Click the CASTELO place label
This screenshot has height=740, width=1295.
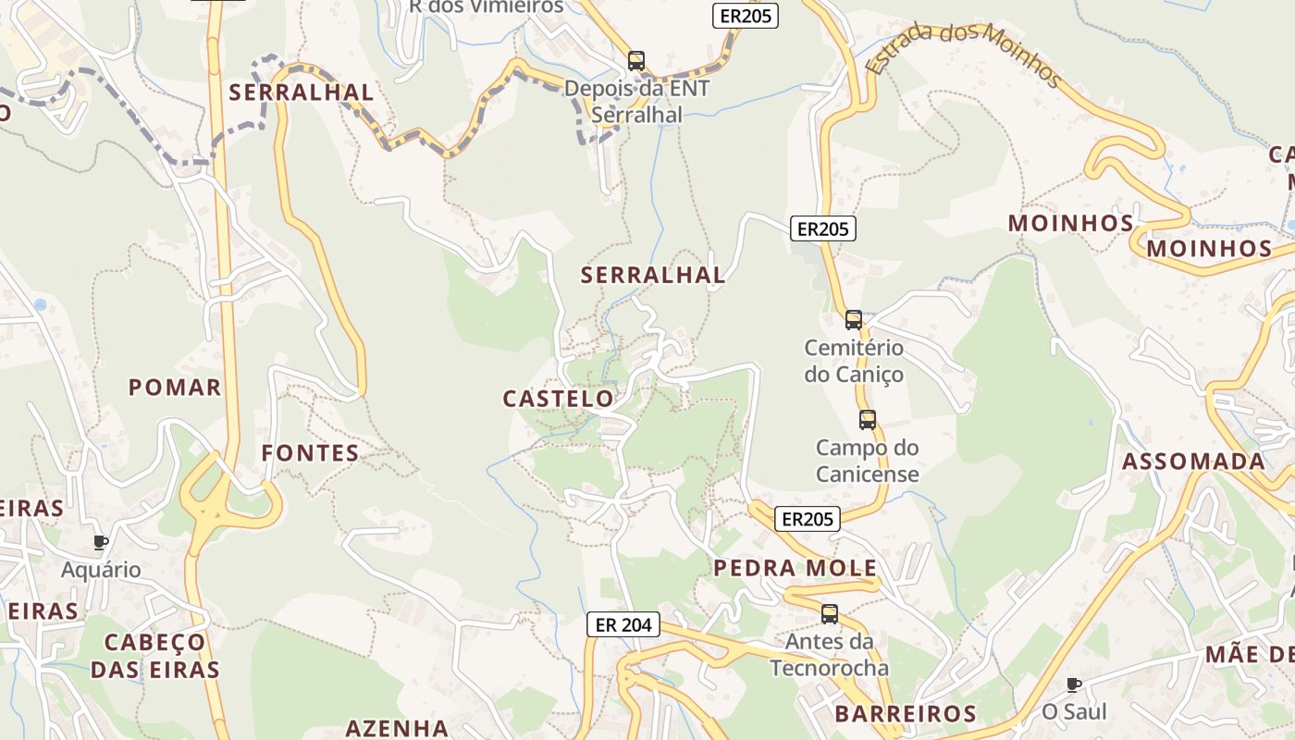558,399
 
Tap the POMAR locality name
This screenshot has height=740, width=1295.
175,387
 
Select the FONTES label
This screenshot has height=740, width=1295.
310,452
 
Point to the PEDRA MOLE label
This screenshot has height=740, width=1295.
795,568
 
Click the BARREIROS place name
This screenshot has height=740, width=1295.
906,713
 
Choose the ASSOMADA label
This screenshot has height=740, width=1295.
1193,461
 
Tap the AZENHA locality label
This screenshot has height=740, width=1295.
397,728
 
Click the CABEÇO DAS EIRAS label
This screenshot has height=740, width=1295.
154,656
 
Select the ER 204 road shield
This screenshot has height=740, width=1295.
623,624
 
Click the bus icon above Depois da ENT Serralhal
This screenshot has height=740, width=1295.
636,61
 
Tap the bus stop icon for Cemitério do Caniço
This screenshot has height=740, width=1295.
854,320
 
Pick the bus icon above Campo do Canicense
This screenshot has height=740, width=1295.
868,420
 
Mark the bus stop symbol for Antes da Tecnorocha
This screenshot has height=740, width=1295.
830,613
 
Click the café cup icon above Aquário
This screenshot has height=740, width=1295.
101,542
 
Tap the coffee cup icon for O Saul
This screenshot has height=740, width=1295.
1074,684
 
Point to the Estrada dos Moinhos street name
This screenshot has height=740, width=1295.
963,54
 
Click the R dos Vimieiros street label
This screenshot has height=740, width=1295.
487,6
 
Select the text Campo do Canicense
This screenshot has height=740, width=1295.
868,461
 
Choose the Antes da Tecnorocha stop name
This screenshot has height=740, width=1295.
830,654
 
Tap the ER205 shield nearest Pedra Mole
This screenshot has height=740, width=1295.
808,519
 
